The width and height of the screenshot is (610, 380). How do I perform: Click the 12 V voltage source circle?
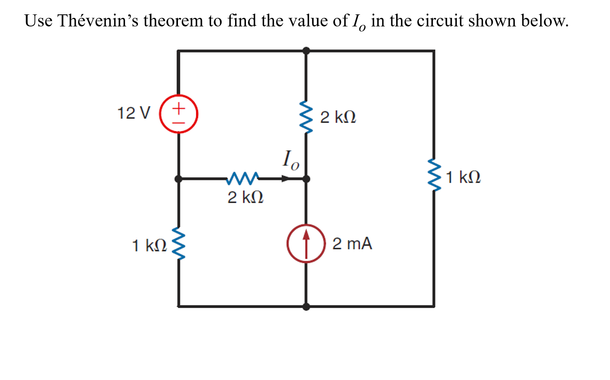(178, 114)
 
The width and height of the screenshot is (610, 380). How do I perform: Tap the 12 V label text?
(133, 113)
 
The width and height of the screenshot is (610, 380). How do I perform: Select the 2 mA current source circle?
(306, 244)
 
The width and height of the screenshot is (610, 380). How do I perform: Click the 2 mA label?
(352, 244)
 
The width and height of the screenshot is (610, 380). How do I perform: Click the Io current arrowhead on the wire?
(286, 179)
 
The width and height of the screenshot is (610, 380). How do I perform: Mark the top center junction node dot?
(306, 51)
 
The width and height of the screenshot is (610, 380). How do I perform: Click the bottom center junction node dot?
(306, 307)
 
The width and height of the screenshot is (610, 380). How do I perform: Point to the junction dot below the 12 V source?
(178, 179)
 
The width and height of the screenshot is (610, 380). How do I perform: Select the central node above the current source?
(306, 179)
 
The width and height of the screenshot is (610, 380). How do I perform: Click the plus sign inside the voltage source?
(178, 108)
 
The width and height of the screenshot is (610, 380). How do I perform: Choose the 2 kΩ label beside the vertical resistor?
(338, 117)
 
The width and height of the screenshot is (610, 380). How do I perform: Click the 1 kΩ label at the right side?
(463, 177)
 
